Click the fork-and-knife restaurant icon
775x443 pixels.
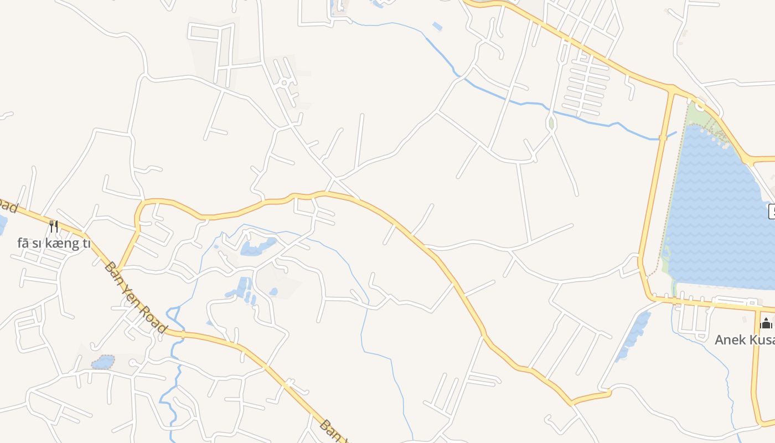(x=54, y=226)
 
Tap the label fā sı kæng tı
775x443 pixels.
(x=54, y=244)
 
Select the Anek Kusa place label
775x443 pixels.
(x=744, y=339)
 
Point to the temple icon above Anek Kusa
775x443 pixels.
(x=766, y=323)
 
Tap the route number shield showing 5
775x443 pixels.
(x=771, y=211)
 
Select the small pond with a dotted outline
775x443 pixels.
(x=103, y=362)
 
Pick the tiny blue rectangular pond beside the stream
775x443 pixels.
(x=437, y=26)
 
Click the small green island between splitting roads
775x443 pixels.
(x=551, y=123)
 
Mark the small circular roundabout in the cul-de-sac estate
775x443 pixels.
(x=284, y=83)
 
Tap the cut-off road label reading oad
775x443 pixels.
(x=8, y=205)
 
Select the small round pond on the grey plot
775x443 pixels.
(x=273, y=291)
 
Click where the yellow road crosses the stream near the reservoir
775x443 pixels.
(x=663, y=137)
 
